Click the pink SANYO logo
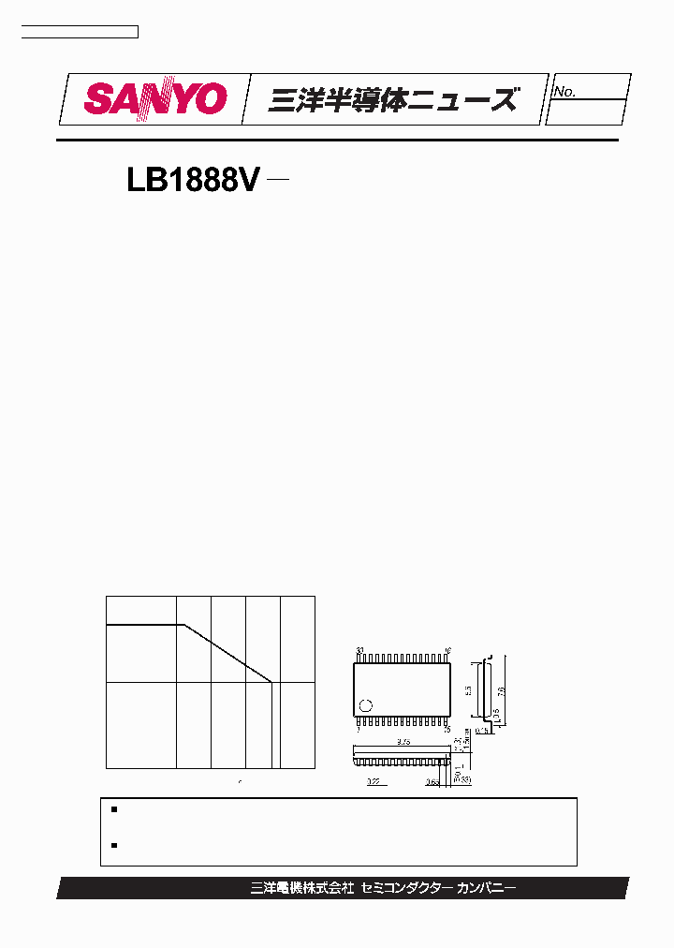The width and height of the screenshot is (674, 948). [x=156, y=98]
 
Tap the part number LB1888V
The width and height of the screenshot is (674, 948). [x=192, y=181]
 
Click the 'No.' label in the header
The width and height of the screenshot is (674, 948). [x=564, y=92]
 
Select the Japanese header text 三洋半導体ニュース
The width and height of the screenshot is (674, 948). [x=392, y=99]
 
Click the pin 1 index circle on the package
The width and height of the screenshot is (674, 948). [x=367, y=705]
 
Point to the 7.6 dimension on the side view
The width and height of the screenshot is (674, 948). [x=502, y=690]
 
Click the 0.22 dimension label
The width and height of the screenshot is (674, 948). [x=373, y=779]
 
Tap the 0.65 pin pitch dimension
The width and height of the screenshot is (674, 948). [x=432, y=779]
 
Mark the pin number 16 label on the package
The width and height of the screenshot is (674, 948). [x=448, y=651]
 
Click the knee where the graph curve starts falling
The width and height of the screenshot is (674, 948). [x=183, y=625]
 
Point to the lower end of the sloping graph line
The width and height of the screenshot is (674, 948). [x=272, y=682]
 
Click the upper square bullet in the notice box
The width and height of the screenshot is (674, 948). [x=113, y=808]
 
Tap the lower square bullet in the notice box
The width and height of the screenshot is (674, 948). [x=113, y=845]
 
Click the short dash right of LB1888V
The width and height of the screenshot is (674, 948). [x=277, y=180]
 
